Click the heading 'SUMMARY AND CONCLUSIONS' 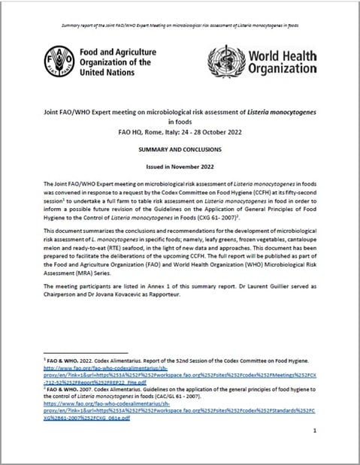(x=180, y=149)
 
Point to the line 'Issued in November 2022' (x=180, y=166)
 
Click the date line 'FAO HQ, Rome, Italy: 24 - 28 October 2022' (x=180, y=133)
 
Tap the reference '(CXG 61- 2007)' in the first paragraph (x=268, y=216)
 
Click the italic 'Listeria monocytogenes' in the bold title (x=277, y=110)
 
